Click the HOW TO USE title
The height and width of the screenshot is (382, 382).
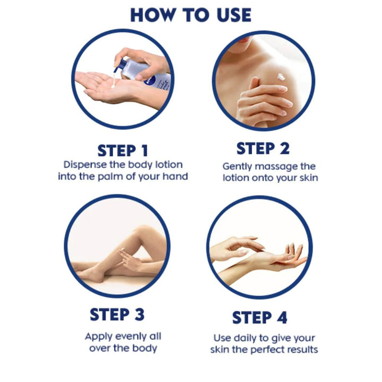pyautogui.click(x=191, y=15)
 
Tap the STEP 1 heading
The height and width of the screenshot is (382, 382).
pyautogui.click(x=123, y=151)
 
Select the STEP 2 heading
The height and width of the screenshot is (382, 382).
pyautogui.click(x=263, y=149)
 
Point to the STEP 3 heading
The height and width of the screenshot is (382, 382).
pyautogui.click(x=117, y=314)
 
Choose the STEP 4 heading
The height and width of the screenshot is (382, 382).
pyautogui.click(x=259, y=318)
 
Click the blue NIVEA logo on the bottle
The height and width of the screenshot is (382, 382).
pyautogui.click(x=150, y=81)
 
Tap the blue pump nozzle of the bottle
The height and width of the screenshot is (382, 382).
pyautogui.click(x=120, y=65)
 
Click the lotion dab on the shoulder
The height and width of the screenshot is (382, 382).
pyautogui.click(x=281, y=77)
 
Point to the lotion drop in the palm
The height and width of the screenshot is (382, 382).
pyautogui.click(x=114, y=86)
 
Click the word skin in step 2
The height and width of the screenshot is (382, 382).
pyautogui.click(x=309, y=178)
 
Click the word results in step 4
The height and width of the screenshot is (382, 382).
pyautogui.click(x=302, y=350)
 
